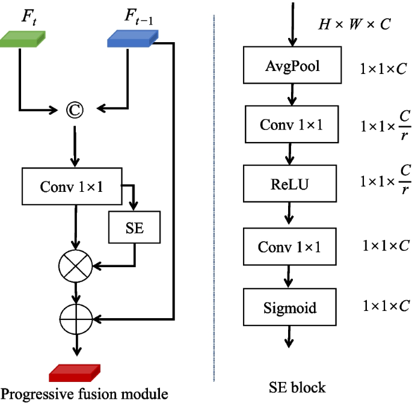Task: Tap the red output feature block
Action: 75,373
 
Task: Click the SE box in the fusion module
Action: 135,228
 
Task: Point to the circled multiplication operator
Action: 75,264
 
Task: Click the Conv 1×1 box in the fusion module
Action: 72,186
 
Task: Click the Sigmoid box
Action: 290,307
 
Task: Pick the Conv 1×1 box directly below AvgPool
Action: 292,125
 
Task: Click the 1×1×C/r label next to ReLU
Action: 385,184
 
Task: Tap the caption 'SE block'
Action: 295,387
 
